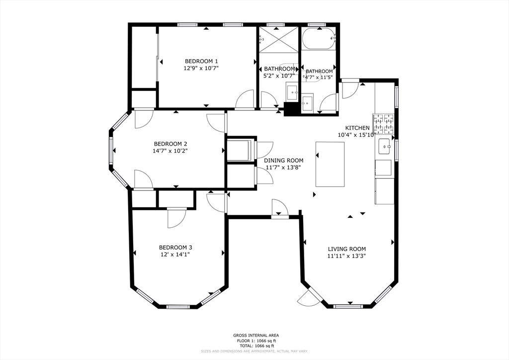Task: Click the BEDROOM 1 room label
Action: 201,61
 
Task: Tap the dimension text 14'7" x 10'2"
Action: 170,150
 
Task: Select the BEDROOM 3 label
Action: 175,247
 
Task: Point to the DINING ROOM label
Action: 283,160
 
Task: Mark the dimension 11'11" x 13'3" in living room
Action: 346,256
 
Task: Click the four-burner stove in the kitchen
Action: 383,124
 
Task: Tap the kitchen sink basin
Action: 384,147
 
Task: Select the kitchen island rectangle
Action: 330,164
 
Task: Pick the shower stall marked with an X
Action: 278,38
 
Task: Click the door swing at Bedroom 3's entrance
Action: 176,217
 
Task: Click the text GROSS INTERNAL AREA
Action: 254,335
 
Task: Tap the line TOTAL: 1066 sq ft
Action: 254,346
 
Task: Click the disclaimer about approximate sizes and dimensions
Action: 254,351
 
